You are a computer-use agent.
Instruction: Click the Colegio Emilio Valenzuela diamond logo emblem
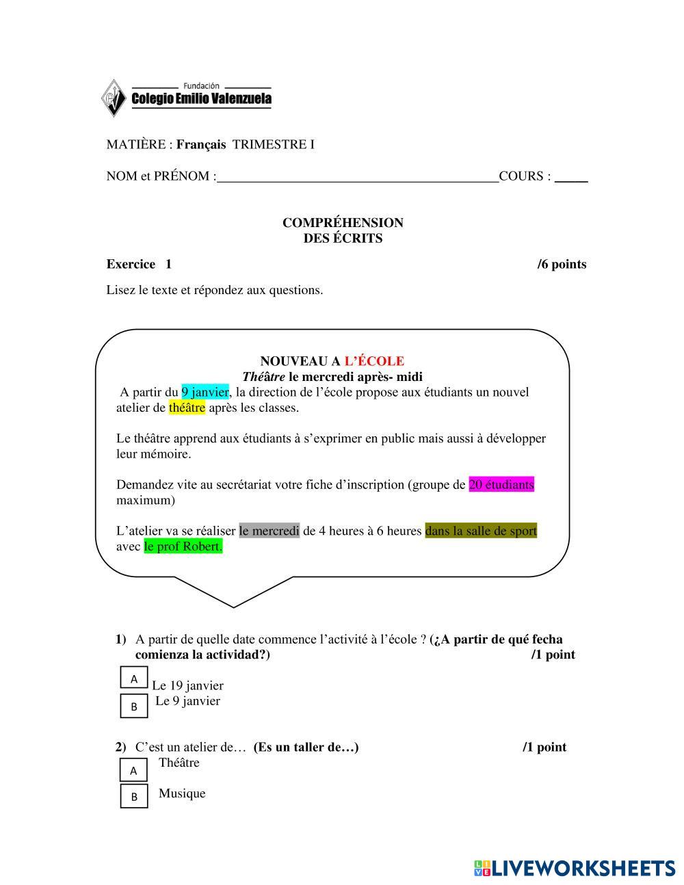click(x=114, y=98)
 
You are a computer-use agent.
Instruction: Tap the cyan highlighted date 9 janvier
click(x=205, y=392)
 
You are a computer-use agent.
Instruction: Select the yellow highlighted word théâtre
click(x=187, y=408)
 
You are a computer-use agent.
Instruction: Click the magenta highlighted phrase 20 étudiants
click(x=501, y=485)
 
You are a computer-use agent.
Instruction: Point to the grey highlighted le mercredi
click(x=269, y=531)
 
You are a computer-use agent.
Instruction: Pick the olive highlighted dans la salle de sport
click(x=481, y=531)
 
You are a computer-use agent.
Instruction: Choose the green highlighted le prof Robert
click(x=183, y=546)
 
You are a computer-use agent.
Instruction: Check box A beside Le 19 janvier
click(x=134, y=678)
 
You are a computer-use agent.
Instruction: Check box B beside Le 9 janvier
click(x=134, y=706)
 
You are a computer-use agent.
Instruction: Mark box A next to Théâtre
click(x=134, y=771)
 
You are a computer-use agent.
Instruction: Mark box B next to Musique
click(x=134, y=796)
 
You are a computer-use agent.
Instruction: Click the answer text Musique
click(x=182, y=793)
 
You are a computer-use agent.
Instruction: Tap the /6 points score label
click(x=562, y=265)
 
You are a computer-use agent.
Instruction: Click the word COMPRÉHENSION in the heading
click(x=343, y=223)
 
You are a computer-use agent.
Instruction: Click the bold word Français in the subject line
click(x=201, y=144)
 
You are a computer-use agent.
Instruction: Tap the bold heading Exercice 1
click(x=139, y=265)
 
